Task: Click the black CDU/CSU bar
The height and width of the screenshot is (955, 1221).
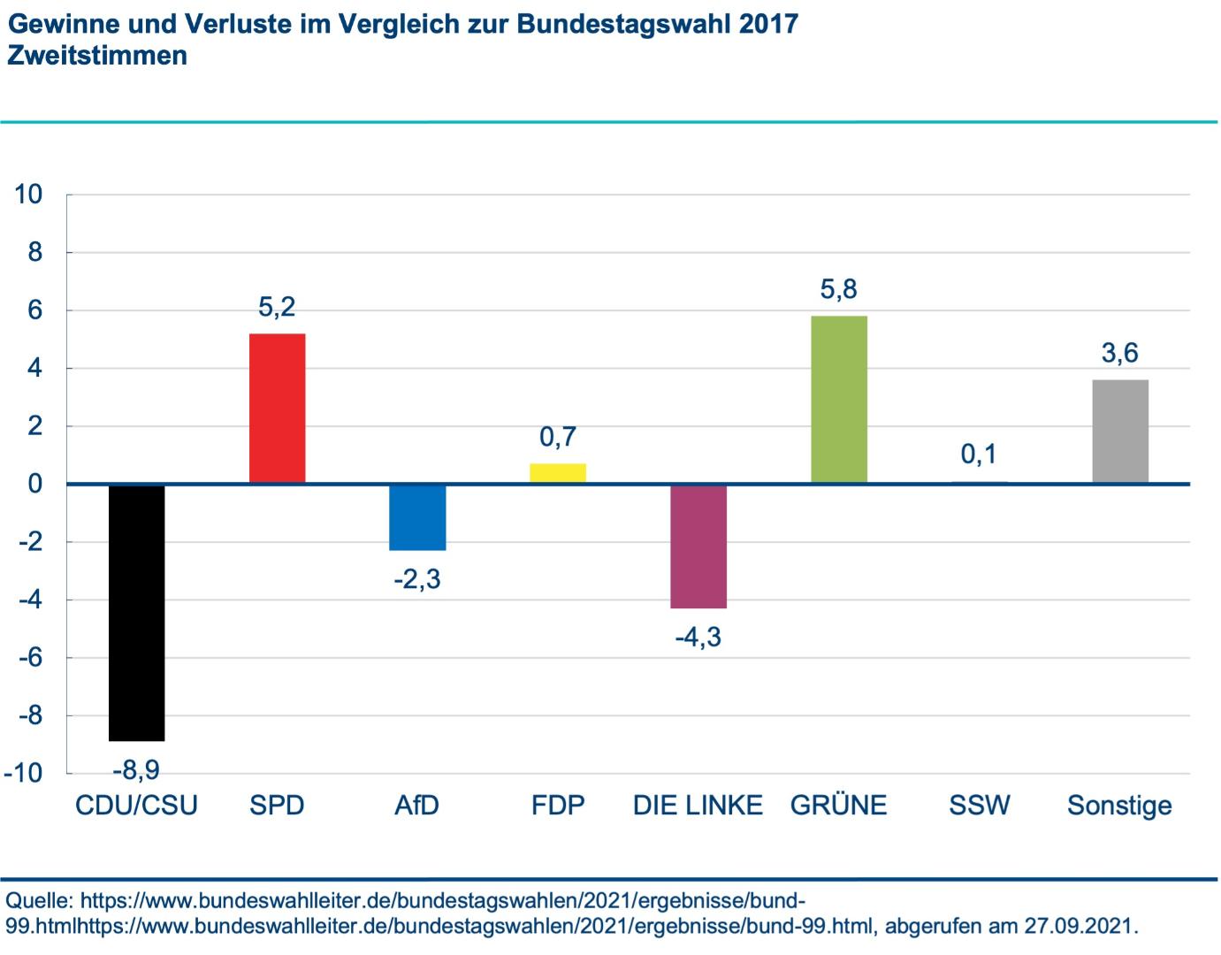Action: pyautogui.click(x=136, y=612)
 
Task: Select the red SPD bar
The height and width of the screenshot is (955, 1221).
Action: pyautogui.click(x=277, y=409)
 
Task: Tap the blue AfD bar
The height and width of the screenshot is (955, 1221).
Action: pyautogui.click(x=417, y=517)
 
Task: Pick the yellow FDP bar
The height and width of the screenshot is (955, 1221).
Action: pyautogui.click(x=558, y=473)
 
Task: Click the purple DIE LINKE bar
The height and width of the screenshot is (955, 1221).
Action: pyautogui.click(x=698, y=546)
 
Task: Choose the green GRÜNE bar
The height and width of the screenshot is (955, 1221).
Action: pyautogui.click(x=839, y=400)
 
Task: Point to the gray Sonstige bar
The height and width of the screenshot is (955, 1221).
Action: pyautogui.click(x=1120, y=432)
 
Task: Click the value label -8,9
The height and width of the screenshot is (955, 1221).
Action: pyautogui.click(x=136, y=770)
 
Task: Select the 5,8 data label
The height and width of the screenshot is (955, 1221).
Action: pyautogui.click(x=839, y=289)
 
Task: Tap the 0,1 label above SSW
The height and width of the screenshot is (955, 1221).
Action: pyautogui.click(x=979, y=455)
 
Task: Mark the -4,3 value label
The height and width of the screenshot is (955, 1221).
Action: pyautogui.click(x=698, y=637)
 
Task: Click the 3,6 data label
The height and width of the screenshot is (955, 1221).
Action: pyautogui.click(x=1120, y=354)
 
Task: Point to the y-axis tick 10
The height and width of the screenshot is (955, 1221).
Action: pyautogui.click(x=28, y=194)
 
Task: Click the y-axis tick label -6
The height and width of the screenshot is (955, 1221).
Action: pyautogui.click(x=31, y=658)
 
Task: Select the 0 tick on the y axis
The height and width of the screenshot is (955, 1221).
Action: pyautogui.click(x=35, y=484)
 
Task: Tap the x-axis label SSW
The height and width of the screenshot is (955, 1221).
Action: pyautogui.click(x=979, y=806)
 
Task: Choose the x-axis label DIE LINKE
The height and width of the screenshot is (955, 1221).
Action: pyautogui.click(x=698, y=806)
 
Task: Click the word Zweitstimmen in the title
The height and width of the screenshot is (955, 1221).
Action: pyautogui.click(x=97, y=56)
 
